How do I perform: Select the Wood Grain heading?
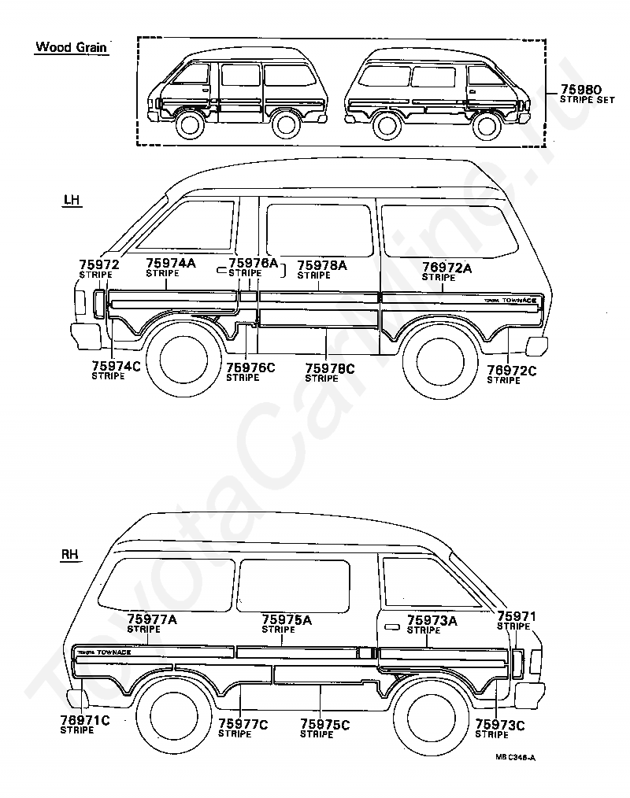pos(71,47)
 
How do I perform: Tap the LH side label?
pos(72,201)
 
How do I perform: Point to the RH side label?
pos(71,556)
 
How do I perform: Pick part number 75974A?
pos(170,264)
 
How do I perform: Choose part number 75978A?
pos(321,266)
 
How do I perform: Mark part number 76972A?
pos(447,268)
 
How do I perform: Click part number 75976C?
pos(250,367)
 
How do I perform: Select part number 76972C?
pos(511,370)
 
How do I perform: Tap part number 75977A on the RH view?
pos(152,619)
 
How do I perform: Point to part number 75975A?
pos(286,620)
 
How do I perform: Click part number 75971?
pos(517,616)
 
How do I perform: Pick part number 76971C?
pos(84,719)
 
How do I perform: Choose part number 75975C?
pos(324,724)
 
